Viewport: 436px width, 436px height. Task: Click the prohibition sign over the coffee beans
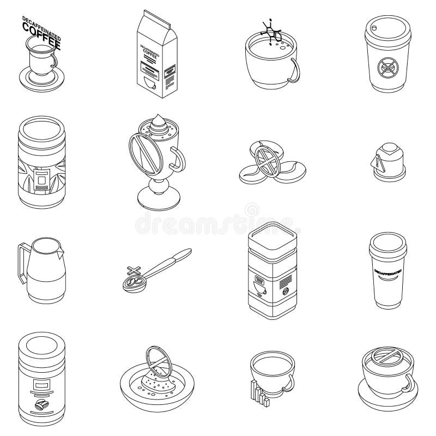click(268, 159)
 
